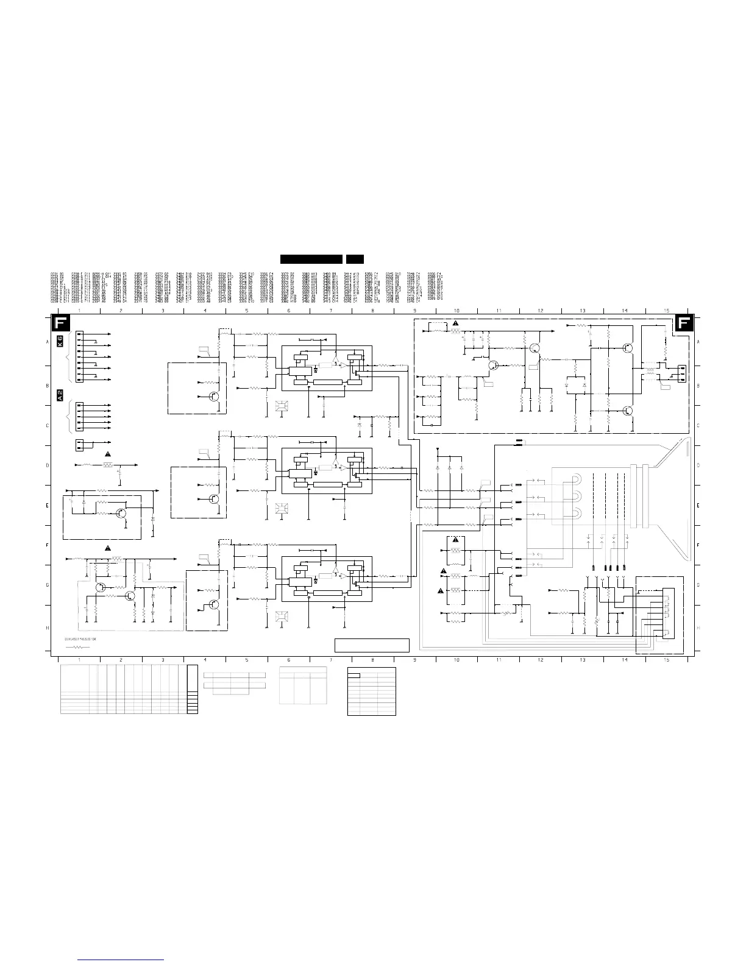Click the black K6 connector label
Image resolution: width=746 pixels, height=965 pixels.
(60, 341)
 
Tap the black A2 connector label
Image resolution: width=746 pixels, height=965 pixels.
(60, 395)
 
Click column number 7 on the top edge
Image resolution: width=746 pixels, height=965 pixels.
(330, 311)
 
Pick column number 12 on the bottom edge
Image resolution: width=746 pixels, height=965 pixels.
(540, 660)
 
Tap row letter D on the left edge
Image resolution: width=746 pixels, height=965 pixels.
(48, 465)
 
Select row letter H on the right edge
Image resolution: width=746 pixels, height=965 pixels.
(698, 627)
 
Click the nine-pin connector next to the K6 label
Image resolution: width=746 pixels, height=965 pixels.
(79, 358)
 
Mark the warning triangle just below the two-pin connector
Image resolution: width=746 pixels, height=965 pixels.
(108, 454)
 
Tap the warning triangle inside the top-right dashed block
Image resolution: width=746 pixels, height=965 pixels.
(455, 322)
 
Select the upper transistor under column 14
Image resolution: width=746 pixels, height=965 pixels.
(628, 348)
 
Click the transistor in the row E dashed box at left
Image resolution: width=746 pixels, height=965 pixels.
(122, 513)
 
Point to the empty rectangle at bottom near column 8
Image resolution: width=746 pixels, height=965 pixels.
(372, 645)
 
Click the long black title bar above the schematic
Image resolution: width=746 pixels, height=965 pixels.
(311, 259)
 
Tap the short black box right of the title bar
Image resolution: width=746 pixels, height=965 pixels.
(355, 259)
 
